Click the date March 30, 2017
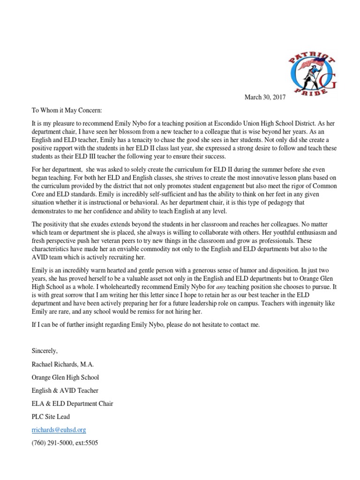click(x=265, y=97)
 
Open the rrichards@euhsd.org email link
click(x=59, y=429)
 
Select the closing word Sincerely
click(x=46, y=350)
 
